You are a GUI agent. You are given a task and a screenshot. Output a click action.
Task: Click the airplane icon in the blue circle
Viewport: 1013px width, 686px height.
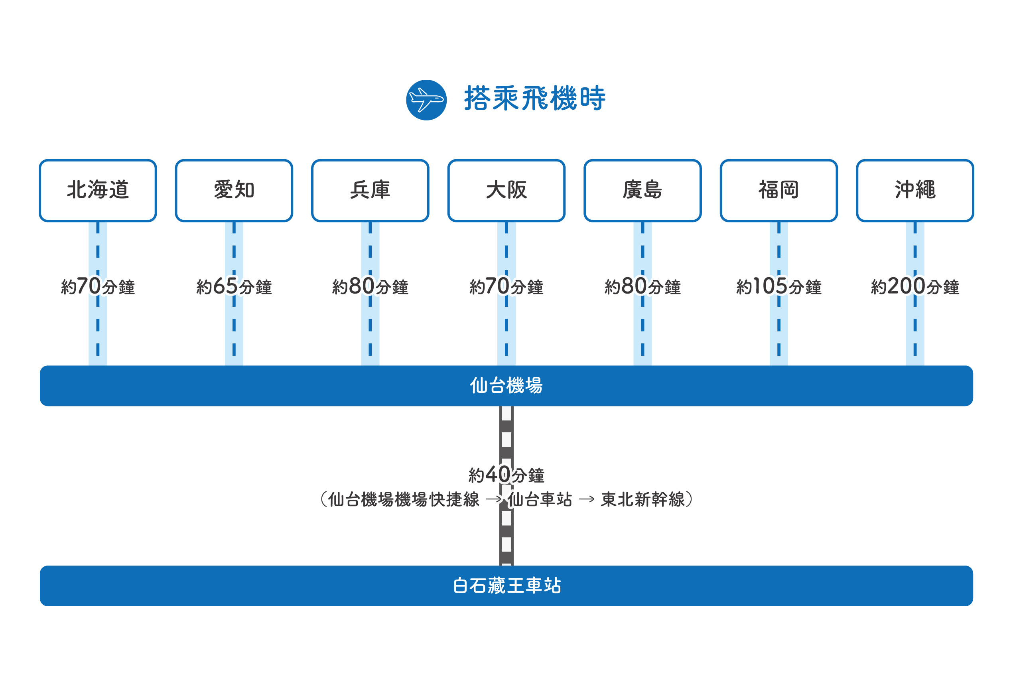pos(426,100)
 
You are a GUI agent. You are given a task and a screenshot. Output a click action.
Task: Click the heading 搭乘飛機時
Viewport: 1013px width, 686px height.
pos(534,99)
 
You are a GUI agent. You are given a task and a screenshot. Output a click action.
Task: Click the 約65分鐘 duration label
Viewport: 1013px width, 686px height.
pos(234,287)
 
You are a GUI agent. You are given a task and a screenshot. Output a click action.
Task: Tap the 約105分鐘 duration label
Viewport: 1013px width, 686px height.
pos(779,287)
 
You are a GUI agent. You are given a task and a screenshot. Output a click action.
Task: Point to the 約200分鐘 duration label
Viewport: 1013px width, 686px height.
pos(915,287)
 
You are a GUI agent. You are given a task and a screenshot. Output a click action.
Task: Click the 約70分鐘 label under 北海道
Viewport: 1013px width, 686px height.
pos(98,287)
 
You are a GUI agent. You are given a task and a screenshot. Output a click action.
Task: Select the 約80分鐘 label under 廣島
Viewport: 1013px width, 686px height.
pos(642,287)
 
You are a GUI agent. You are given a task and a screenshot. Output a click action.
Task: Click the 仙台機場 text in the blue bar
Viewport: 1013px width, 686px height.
pos(506,386)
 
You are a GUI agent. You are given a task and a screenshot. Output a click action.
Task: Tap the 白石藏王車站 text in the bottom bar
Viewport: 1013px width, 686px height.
pos(506,585)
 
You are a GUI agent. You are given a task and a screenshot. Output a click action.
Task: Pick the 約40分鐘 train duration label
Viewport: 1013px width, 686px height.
pos(506,475)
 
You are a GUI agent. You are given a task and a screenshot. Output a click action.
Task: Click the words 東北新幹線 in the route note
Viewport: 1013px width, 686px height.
pos(642,499)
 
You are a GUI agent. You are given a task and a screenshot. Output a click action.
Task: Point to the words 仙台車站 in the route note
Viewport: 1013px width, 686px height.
pos(540,499)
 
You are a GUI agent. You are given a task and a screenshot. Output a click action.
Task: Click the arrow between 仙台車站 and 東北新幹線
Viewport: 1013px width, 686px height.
pos(586,499)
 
